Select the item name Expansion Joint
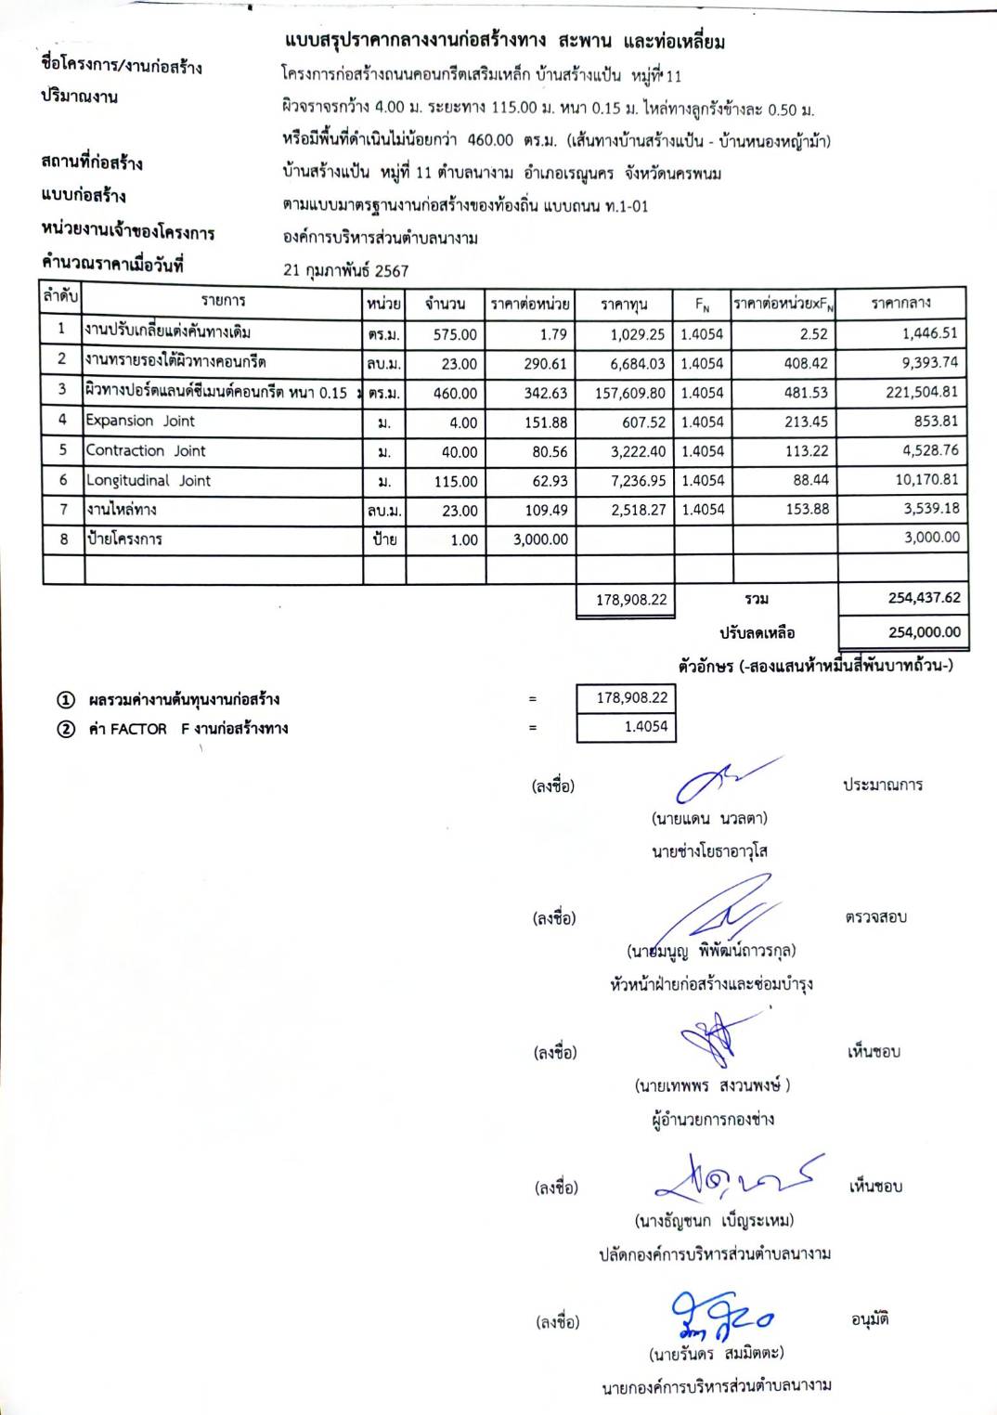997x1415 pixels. [x=140, y=421]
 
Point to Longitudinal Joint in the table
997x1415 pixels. [x=149, y=480]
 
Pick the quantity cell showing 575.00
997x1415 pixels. [x=455, y=334]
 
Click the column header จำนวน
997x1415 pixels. [x=445, y=304]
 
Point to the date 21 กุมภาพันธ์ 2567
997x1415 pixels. [x=345, y=270]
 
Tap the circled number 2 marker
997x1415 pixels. [x=66, y=729]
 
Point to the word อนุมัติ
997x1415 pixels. [x=870, y=1319]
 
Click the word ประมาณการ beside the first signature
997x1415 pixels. [x=882, y=785]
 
